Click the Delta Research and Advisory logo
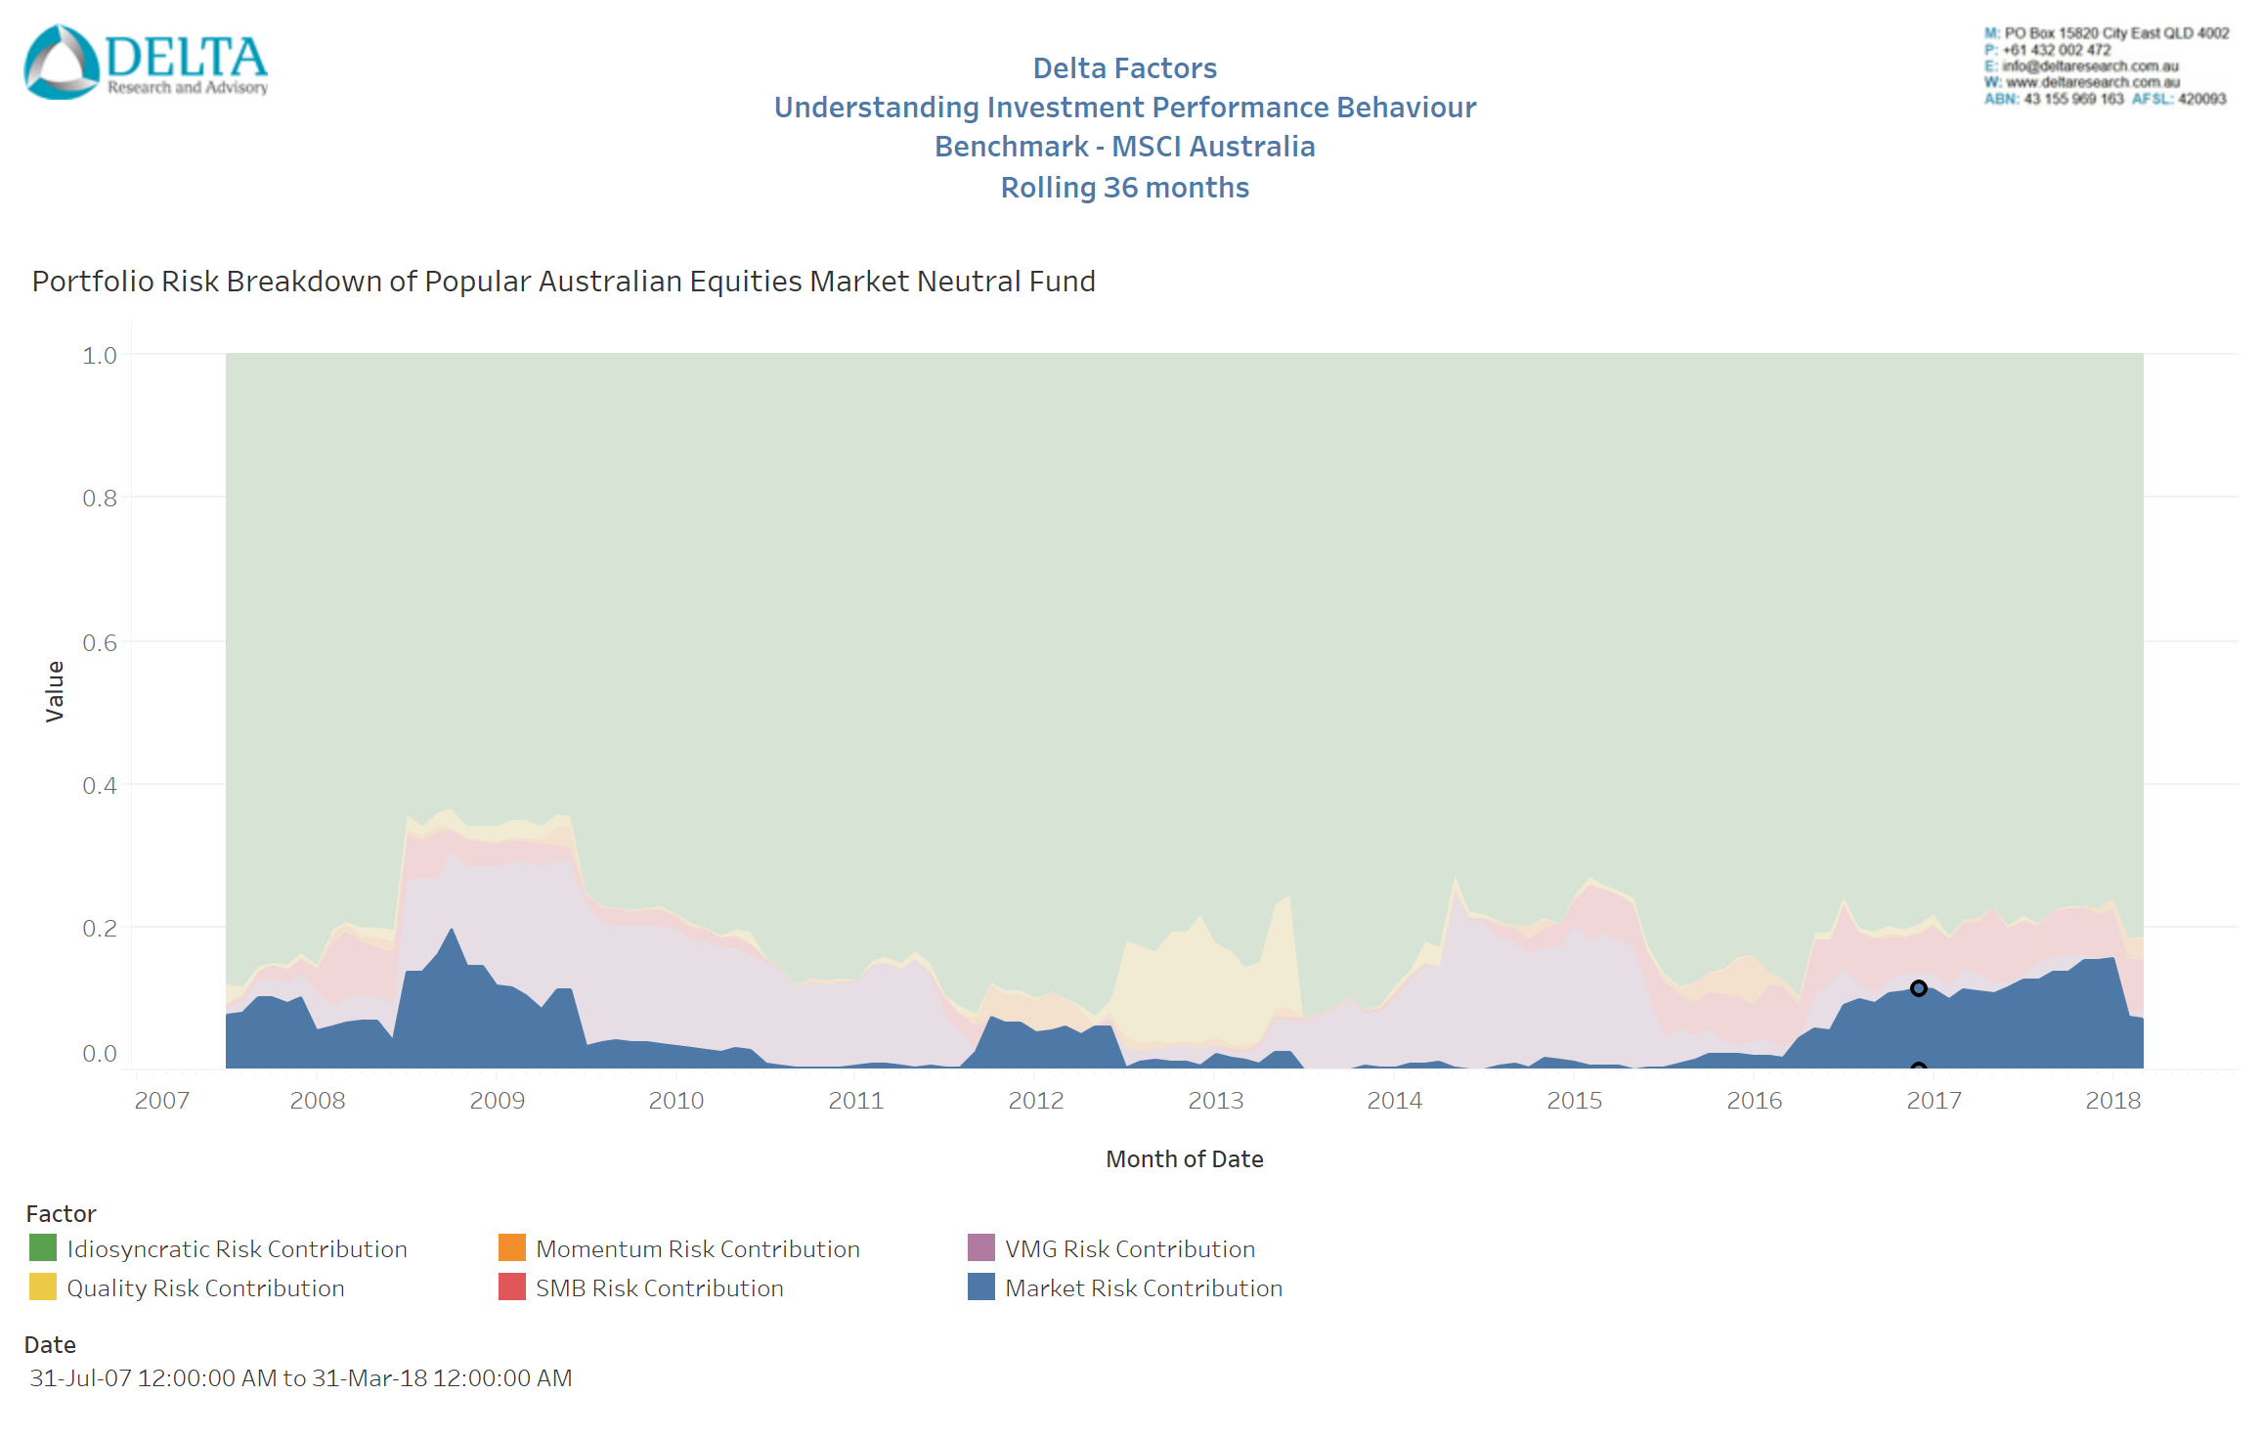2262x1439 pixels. coord(146,62)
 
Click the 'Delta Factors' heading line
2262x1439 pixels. coord(1124,68)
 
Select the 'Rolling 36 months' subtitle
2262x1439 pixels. coord(1124,188)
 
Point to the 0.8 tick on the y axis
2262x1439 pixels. coord(100,499)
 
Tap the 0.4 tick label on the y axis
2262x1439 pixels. coord(100,786)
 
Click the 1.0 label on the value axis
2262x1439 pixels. coord(100,356)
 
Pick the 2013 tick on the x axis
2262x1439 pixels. coord(1215,1101)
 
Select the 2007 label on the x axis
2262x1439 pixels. coord(162,1101)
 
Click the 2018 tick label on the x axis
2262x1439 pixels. coord(2112,1101)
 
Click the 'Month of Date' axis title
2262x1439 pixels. coord(1184,1159)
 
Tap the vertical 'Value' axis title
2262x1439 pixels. coord(55,691)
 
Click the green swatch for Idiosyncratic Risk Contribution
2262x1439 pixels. coord(43,1248)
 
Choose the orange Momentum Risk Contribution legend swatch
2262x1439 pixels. coord(512,1248)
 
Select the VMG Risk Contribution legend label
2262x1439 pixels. coord(1129,1249)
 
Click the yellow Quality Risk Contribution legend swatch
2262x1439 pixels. coord(43,1287)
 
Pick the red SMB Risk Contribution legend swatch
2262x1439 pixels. coord(512,1287)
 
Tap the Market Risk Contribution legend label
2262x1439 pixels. coord(1143,1288)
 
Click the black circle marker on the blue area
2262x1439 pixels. coord(1918,988)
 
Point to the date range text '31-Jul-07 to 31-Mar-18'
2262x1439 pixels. coord(301,1378)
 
